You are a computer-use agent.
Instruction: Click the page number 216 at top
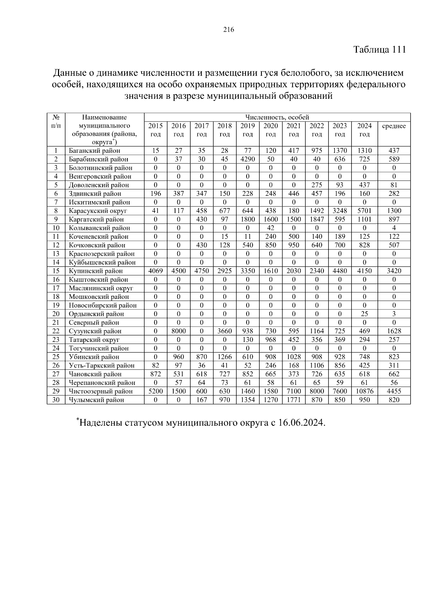click(229, 30)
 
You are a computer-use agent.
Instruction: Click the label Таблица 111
click(379, 49)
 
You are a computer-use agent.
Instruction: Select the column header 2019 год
click(247, 130)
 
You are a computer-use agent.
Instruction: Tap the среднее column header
click(394, 126)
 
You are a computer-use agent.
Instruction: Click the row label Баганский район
click(95, 151)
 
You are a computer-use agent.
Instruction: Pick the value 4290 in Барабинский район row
click(247, 159)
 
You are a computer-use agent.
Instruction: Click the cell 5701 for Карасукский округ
click(364, 211)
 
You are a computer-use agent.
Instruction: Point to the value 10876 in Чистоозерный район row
click(364, 391)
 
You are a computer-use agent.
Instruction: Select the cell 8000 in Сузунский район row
click(178, 331)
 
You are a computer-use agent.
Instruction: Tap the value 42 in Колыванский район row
click(270, 228)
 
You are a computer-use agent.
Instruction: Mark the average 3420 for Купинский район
click(394, 271)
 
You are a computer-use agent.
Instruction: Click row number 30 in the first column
click(56, 400)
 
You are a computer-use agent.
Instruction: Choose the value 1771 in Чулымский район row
click(294, 400)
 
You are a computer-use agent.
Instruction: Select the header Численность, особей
click(277, 117)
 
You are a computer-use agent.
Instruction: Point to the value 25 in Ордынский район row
click(364, 314)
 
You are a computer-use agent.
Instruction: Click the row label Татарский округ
click(94, 340)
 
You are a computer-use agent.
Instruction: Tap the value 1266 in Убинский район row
click(224, 357)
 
